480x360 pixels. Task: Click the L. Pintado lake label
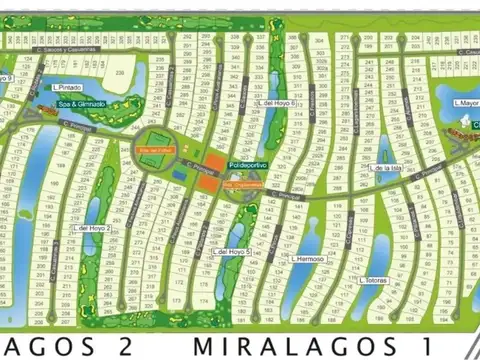coord(69,87)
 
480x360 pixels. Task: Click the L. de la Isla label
coord(386,168)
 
